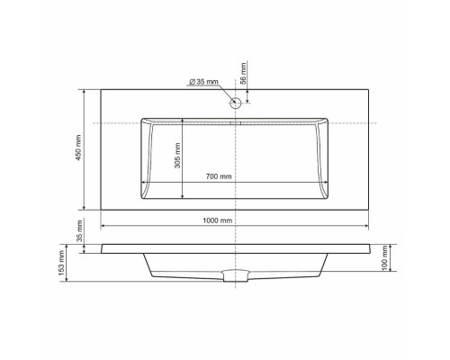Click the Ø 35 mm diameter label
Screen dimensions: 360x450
click(x=204, y=82)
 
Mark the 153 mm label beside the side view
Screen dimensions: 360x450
click(x=61, y=262)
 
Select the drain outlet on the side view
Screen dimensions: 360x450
click(x=236, y=275)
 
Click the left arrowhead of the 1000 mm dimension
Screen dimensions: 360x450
click(x=103, y=226)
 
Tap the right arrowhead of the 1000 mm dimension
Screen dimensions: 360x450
click(x=369, y=226)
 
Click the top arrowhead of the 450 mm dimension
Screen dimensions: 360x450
click(x=84, y=91)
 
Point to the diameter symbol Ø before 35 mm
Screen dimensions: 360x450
click(x=193, y=82)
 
